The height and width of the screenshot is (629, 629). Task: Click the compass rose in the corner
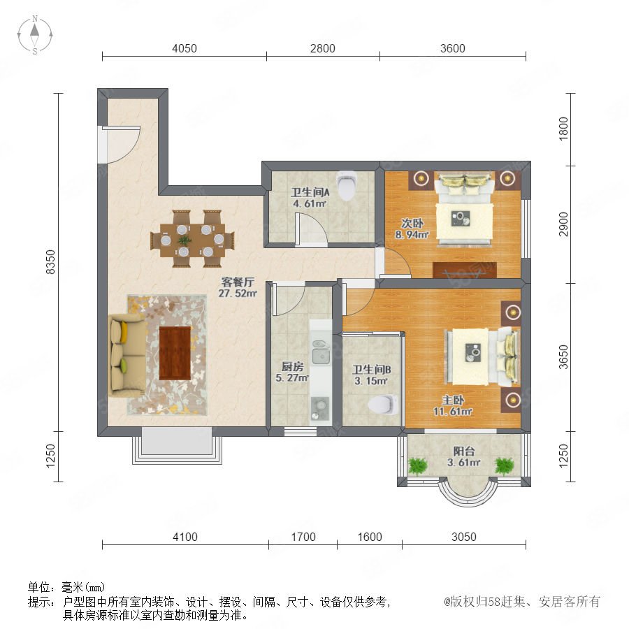(35, 34)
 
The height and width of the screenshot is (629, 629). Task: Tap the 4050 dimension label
(184, 48)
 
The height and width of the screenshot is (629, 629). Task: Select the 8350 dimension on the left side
(51, 262)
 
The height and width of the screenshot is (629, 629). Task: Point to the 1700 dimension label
(303, 537)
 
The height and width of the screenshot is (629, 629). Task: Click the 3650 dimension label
(563, 356)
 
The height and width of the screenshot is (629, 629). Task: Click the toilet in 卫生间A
(347, 186)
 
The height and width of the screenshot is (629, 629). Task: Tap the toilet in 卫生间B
(383, 404)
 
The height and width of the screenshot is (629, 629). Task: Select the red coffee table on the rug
(175, 353)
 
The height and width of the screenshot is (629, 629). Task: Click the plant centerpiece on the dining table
(185, 240)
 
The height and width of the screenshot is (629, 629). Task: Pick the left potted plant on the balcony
(418, 465)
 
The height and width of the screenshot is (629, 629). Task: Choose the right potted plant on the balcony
(504, 465)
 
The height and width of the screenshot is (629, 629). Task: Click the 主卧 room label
(453, 400)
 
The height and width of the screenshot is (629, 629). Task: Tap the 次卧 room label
(412, 224)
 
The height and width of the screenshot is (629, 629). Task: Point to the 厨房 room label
(292, 366)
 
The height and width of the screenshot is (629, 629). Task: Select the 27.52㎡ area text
(238, 294)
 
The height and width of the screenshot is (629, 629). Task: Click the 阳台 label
(464, 451)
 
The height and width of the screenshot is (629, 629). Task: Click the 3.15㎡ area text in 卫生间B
(371, 381)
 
